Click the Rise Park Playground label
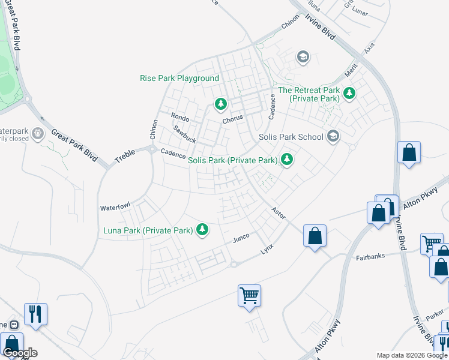[179, 79]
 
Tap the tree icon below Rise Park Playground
[221, 104]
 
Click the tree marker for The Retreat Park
[349, 93]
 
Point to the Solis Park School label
[291, 137]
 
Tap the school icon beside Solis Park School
[334, 137]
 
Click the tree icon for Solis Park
[288, 160]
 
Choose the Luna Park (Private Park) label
[148, 230]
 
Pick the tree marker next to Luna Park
[203, 229]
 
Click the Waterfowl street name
[115, 207]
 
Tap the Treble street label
[125, 157]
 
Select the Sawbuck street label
[184, 134]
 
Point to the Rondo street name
[180, 117]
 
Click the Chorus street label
[232, 119]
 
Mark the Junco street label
[241, 239]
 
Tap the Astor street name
[278, 212]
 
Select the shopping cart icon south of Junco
[249, 295]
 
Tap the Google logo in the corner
[20, 353]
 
